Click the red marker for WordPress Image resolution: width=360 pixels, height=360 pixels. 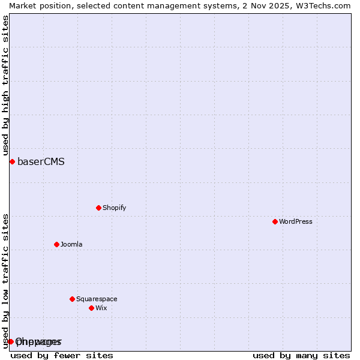[275, 221]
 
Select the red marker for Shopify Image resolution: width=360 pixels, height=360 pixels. [98, 208]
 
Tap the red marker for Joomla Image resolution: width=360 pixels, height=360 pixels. [56, 244]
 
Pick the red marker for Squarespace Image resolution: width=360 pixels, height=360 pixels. [72, 299]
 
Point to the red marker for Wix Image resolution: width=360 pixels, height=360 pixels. [91, 308]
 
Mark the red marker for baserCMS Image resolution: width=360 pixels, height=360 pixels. [12, 161]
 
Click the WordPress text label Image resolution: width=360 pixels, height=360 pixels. [296, 221]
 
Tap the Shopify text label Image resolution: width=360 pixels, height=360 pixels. [114, 208]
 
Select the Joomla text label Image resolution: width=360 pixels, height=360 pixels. [71, 244]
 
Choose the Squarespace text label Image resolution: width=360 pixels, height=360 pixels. [97, 299]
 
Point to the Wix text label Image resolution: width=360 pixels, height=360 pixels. [101, 308]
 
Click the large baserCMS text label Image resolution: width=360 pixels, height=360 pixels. [41, 161]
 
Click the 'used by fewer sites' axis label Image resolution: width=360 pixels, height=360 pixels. [62, 355]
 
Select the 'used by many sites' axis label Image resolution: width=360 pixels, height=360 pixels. [301, 355]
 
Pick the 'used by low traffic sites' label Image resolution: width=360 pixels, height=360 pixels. [5, 281]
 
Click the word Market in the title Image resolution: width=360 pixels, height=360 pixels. [23, 5]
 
